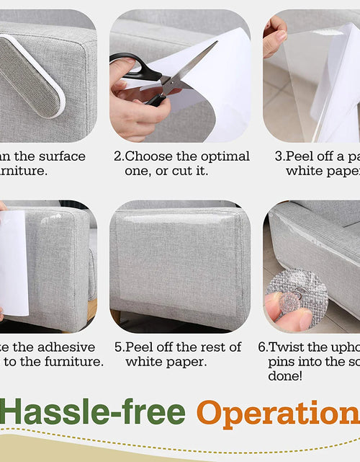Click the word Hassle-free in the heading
pyautogui.click(x=93, y=413)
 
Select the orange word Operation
pyautogui.click(x=278, y=413)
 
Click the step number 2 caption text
pyautogui.click(x=181, y=163)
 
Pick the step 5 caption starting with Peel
pyautogui.click(x=184, y=354)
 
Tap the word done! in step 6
pyautogui.click(x=287, y=376)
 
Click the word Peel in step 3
pyautogui.click(x=302, y=156)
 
